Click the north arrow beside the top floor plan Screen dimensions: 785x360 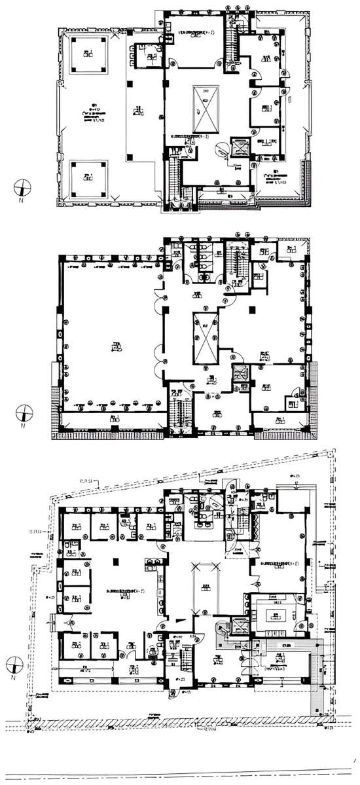[x=23, y=188]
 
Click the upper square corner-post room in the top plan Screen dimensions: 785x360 [x=88, y=54]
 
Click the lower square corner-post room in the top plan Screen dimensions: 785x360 [x=88, y=177]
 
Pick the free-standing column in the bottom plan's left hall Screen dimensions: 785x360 [x=115, y=561]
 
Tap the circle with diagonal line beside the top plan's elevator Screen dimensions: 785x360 [x=223, y=150]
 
